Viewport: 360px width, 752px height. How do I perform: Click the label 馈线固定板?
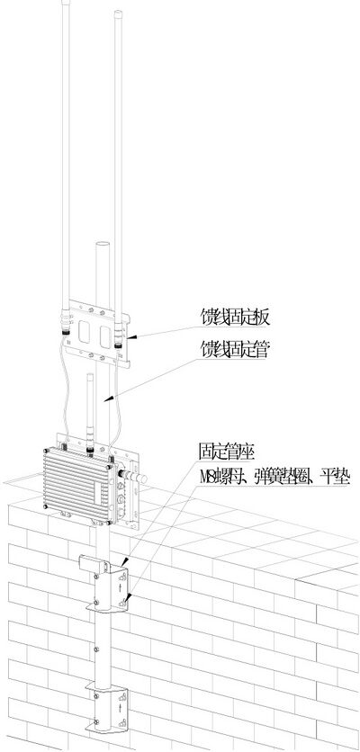pyautogui.click(x=235, y=317)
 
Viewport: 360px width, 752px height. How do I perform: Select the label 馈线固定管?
pyautogui.click(x=235, y=350)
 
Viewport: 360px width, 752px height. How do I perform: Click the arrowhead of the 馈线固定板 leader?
pyautogui.click(x=132, y=338)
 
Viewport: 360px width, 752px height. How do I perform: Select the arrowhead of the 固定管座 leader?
pyautogui.click(x=124, y=561)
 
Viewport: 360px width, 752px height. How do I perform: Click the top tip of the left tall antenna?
pyautogui.click(x=66, y=2)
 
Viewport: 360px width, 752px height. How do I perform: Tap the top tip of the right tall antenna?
pyautogui.click(x=118, y=13)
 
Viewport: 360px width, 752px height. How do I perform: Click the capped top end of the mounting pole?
pyautogui.click(x=103, y=244)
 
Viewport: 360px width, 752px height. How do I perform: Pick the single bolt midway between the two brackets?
pyautogui.click(x=97, y=649)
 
